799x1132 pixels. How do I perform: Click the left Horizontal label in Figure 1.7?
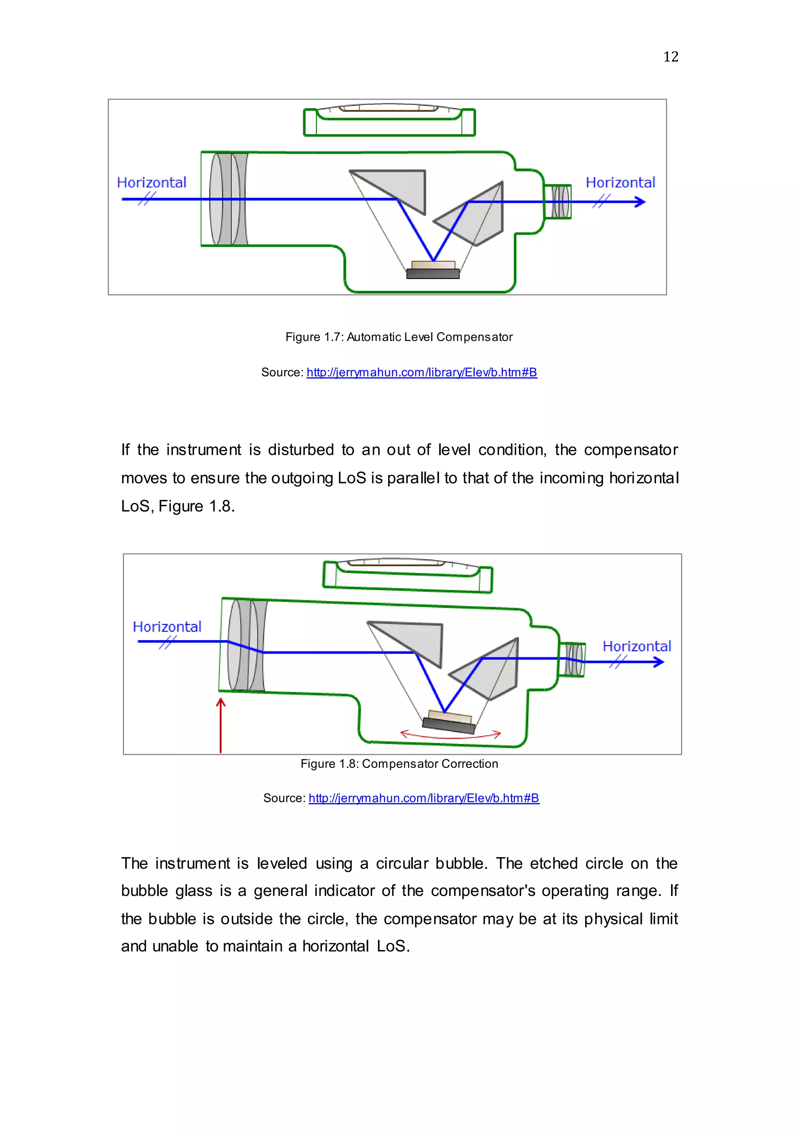pyautogui.click(x=151, y=183)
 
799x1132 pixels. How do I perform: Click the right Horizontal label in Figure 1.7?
pyautogui.click(x=620, y=183)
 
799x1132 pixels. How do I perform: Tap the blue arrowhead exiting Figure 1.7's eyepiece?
pyautogui.click(x=640, y=202)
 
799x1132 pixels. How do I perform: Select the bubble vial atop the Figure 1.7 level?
pyautogui.click(x=389, y=120)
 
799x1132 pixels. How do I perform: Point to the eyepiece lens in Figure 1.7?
pyautogui.click(x=561, y=202)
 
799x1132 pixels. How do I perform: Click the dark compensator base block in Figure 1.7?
pyautogui.click(x=433, y=274)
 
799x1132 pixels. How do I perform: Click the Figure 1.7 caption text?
pyautogui.click(x=399, y=337)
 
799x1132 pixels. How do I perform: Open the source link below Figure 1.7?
pyautogui.click(x=421, y=373)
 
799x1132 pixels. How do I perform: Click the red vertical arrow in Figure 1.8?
pyautogui.click(x=221, y=725)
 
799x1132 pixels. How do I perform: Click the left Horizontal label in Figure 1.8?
pyautogui.click(x=167, y=627)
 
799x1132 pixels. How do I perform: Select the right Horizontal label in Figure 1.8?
pyautogui.click(x=636, y=646)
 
